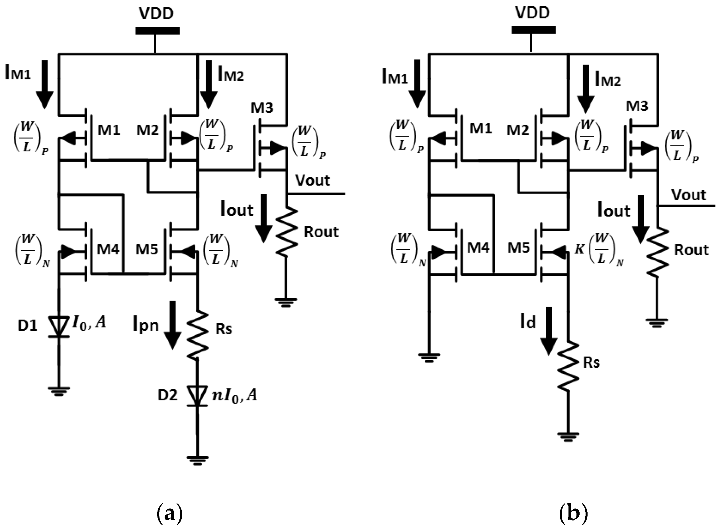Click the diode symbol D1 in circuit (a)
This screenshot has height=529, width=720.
pos(59,327)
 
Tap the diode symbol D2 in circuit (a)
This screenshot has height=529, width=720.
pos(197,396)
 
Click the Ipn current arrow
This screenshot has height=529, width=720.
pos(172,325)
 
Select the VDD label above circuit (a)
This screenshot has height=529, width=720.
pos(156,13)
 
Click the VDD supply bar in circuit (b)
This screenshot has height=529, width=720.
pos(533,30)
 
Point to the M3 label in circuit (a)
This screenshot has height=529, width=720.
pos(261,108)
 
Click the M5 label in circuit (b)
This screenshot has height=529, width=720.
pos(518,248)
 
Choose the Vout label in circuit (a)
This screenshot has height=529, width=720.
pos(312,180)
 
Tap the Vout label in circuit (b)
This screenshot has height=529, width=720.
pos(689,195)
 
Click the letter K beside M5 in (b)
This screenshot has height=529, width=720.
pos(579,249)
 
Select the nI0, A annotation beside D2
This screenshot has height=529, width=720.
pos(235,396)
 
